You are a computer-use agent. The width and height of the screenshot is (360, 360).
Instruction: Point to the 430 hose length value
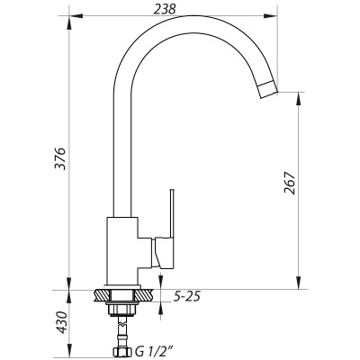(x=61, y=320)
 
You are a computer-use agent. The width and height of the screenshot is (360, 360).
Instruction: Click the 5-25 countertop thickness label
(x=185, y=296)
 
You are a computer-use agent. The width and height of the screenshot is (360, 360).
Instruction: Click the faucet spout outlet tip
(x=267, y=87)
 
